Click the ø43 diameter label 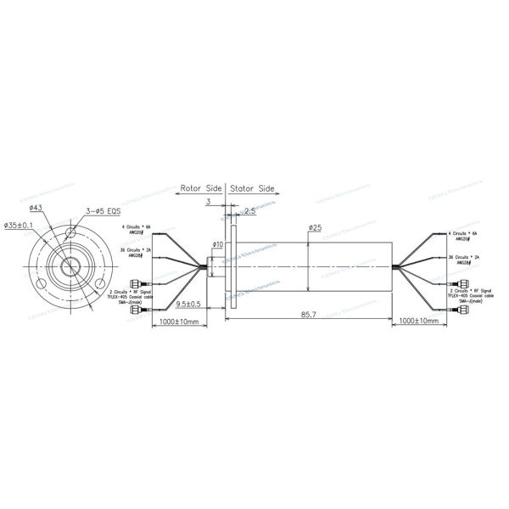coord(36,208)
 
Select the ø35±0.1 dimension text coord(19,225)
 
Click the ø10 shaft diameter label coord(217,244)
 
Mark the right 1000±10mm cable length coord(421,322)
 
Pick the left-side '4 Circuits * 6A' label coord(135,228)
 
